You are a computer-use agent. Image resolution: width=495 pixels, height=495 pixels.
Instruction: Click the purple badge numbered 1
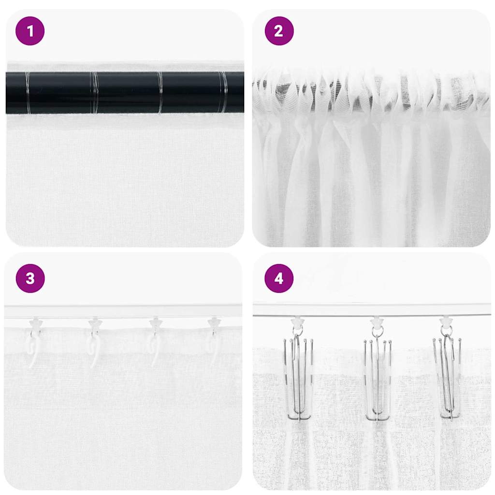click(30, 31)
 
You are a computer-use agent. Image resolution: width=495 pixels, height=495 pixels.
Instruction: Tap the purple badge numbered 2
click(279, 31)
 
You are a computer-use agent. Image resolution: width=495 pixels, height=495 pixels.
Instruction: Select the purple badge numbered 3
click(30, 278)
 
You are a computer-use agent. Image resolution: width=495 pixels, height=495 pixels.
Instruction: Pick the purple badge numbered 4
click(279, 278)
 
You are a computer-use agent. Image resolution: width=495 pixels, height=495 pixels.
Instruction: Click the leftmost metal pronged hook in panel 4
click(298, 377)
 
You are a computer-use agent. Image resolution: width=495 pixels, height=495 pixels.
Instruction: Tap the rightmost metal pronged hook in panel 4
click(448, 377)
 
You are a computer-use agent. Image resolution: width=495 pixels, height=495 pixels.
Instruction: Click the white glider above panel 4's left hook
click(297, 320)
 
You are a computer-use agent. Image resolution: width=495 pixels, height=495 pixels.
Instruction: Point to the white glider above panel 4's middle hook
click(377, 320)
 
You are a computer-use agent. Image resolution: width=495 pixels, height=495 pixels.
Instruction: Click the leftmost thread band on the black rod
click(28, 92)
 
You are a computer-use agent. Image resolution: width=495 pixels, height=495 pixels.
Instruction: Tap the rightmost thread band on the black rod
click(223, 92)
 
